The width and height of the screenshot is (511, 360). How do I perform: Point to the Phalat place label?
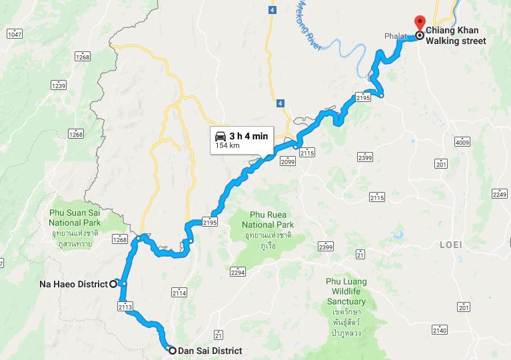(x=394, y=36)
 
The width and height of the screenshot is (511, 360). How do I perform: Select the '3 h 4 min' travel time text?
(x=249, y=136)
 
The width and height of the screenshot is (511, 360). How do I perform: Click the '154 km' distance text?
(x=227, y=145)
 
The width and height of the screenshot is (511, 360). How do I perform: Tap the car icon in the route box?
(x=221, y=136)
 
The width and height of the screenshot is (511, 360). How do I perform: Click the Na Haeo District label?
(x=73, y=284)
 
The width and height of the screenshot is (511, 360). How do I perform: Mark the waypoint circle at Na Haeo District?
(x=113, y=284)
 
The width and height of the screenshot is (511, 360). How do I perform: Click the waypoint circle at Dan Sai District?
(x=172, y=351)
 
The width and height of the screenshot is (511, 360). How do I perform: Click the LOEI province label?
(x=451, y=245)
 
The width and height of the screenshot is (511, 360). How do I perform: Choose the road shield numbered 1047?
(x=15, y=33)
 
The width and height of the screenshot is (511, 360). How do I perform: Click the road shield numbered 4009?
(x=463, y=141)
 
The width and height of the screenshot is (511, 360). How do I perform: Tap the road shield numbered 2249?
(x=500, y=193)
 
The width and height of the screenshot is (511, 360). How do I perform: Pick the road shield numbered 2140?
(x=439, y=330)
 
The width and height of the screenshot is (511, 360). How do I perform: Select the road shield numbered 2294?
(x=238, y=272)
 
